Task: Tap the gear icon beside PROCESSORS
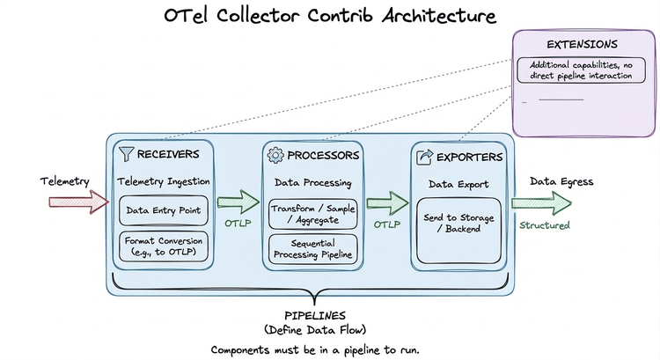[x=275, y=155]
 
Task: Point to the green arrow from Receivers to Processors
[x=232, y=202]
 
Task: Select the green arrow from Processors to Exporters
[x=382, y=203]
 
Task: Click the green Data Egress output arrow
[x=545, y=202]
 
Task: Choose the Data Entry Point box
[x=163, y=210]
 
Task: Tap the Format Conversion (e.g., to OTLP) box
[x=163, y=246]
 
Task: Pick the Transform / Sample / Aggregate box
[x=312, y=214]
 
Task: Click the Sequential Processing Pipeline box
[x=312, y=248]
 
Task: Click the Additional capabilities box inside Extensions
[x=582, y=70]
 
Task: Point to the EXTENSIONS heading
[x=582, y=43]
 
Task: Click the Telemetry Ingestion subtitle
[x=163, y=182]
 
